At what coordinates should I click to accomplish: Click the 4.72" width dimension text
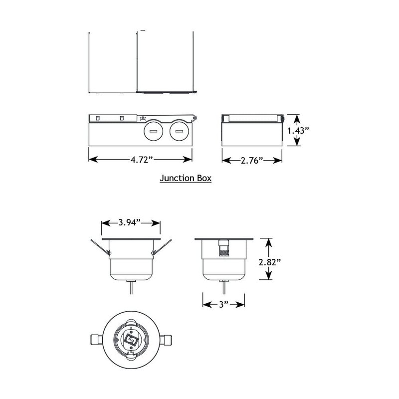pyautogui.click(x=141, y=160)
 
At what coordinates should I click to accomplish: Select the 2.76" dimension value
pyautogui.click(x=252, y=160)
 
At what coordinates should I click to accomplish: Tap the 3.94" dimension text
pyautogui.click(x=131, y=222)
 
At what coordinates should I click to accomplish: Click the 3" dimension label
pyautogui.click(x=223, y=303)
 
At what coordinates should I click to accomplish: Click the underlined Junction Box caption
pyautogui.click(x=185, y=178)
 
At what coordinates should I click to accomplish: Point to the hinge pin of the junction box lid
pyautogui.click(x=195, y=118)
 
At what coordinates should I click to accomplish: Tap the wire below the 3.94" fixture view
pyautogui.click(x=131, y=288)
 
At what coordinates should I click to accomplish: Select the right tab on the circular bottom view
pyautogui.click(x=169, y=339)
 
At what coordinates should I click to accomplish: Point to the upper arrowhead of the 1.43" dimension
pyautogui.click(x=297, y=118)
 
